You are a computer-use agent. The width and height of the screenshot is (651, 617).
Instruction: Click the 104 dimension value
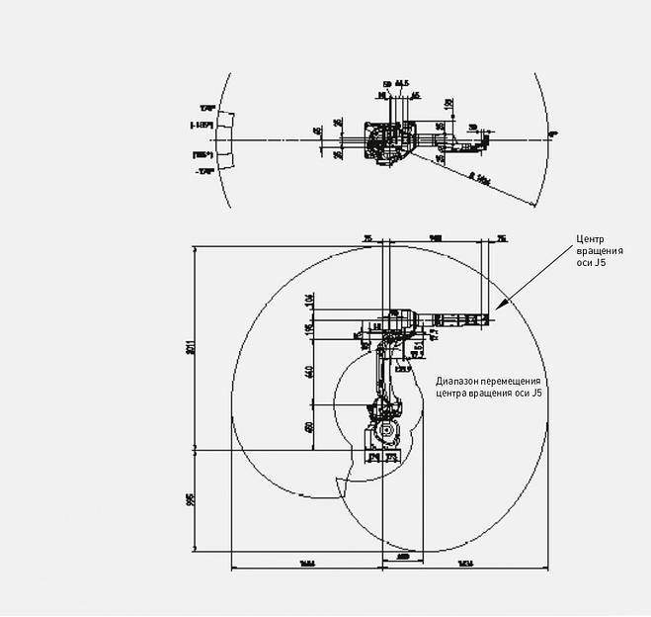(x=309, y=299)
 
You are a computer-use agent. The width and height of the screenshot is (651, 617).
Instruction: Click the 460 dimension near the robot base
(x=309, y=427)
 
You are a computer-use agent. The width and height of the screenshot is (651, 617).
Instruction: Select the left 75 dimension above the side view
(x=366, y=238)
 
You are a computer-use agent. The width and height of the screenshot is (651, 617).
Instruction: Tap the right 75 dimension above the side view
(x=501, y=238)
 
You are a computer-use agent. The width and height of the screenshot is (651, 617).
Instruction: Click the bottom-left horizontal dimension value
(x=306, y=564)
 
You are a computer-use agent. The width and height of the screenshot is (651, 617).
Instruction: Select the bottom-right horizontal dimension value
(x=464, y=564)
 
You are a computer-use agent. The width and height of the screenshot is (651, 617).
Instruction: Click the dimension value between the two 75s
(x=435, y=238)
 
